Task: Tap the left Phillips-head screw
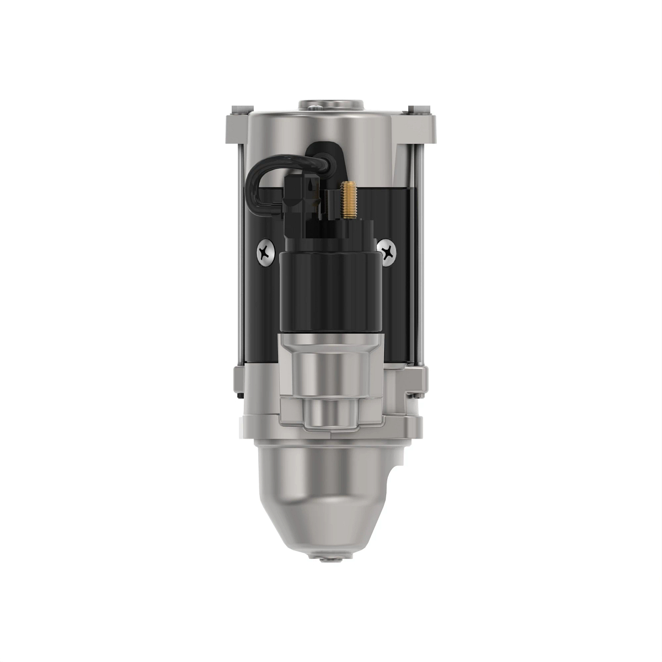pos(266,253)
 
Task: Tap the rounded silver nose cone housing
pos(325,496)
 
